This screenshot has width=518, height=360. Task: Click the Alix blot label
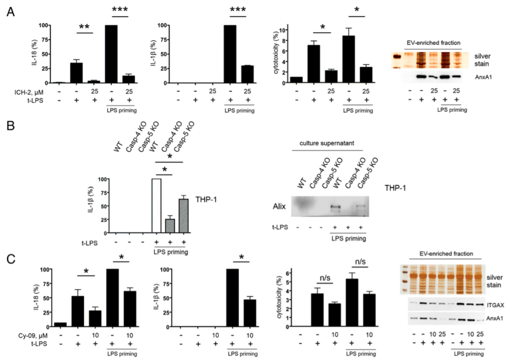coord(279,207)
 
